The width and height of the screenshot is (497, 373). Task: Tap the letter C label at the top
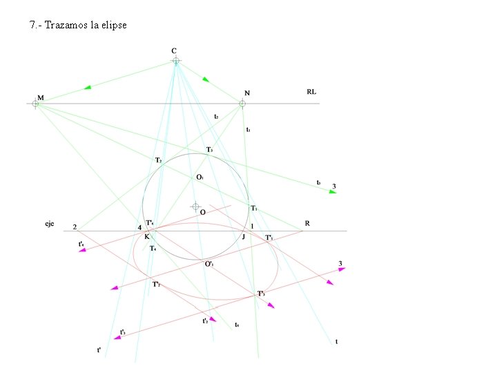(174, 50)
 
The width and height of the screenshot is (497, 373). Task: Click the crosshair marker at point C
(176, 61)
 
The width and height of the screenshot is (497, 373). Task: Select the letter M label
(41, 98)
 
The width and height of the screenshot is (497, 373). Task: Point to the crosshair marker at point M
(35, 104)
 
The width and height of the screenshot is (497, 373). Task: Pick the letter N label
(247, 93)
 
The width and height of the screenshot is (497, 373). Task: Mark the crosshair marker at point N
(242, 104)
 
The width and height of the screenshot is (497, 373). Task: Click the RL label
(311, 92)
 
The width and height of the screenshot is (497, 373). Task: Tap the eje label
(50, 224)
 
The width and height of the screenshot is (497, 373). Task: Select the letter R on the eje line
(307, 224)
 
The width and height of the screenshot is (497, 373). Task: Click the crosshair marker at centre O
(195, 206)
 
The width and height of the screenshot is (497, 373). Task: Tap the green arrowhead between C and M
(88, 88)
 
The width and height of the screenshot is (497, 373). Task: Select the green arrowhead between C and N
(205, 79)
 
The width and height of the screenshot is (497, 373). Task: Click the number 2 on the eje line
(75, 227)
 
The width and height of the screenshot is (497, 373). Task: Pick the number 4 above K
(139, 227)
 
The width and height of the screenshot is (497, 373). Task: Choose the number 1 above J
(252, 227)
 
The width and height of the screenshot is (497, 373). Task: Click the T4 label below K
(153, 248)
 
